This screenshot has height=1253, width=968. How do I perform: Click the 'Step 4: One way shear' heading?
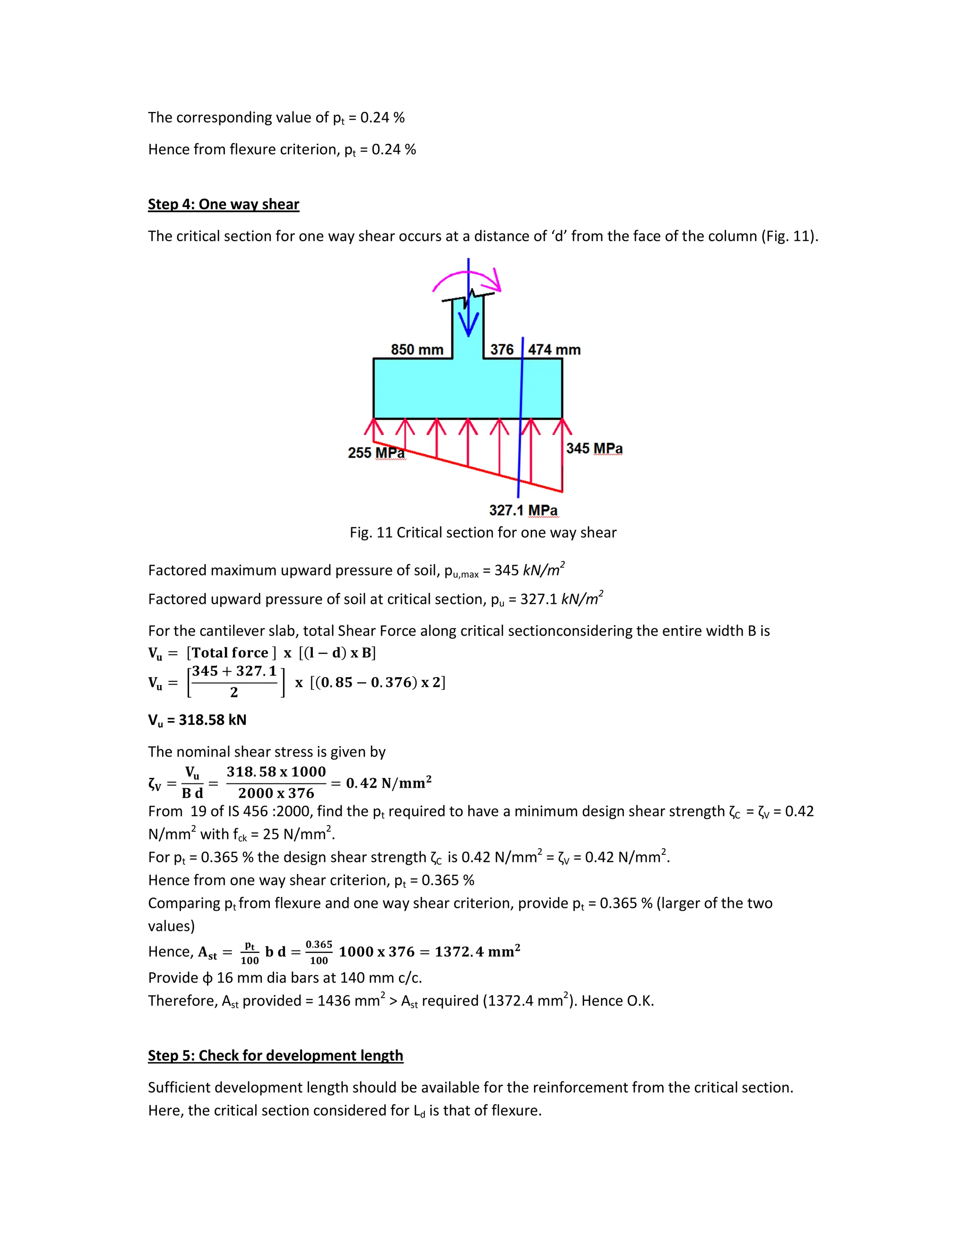point(223,204)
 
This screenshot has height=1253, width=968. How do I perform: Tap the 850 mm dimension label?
point(417,349)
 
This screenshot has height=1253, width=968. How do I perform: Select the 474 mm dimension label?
point(554,349)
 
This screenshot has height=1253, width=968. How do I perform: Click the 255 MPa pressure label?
point(376,452)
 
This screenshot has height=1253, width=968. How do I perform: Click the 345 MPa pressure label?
point(594,448)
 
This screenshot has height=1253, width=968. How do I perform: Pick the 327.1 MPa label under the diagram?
point(523,510)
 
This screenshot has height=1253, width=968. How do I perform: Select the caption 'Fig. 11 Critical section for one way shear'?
point(483,532)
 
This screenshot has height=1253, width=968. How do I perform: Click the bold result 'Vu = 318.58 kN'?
point(197,720)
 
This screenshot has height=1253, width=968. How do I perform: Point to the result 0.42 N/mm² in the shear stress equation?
point(388,783)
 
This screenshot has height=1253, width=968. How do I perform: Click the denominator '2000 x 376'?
point(276,793)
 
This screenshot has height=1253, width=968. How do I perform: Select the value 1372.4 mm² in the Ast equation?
point(477,952)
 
